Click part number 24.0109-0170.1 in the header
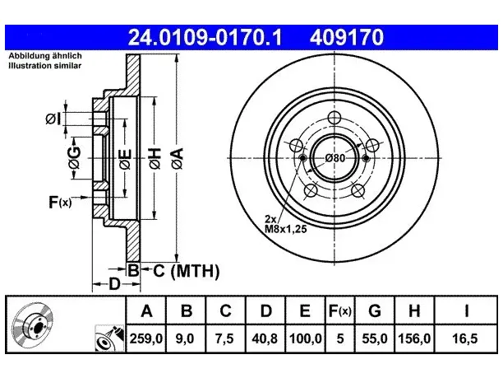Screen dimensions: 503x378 point(205,37)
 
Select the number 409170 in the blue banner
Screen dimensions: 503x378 point(347,37)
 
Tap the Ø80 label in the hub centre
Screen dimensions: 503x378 point(335,158)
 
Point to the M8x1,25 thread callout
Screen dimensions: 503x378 point(285,229)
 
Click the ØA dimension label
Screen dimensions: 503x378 point(178,158)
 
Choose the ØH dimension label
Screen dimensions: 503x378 point(155,158)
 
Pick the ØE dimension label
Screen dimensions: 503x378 point(125,159)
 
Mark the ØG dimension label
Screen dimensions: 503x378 point(74,157)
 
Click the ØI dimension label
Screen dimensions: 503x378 point(53,119)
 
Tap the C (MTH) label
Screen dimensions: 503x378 point(187,271)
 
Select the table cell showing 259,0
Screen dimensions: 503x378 point(146,338)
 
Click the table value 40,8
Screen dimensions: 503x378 point(265,338)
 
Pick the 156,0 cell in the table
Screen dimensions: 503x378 point(414,338)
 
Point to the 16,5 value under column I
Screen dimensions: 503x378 point(465,338)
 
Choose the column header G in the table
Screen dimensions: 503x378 point(375,310)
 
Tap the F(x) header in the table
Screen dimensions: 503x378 point(340,310)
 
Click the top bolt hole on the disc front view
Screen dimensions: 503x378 point(335,117)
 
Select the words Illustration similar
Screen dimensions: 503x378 point(45,66)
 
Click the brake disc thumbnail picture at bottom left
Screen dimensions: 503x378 point(32,324)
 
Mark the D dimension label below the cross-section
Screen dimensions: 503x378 point(114,284)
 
